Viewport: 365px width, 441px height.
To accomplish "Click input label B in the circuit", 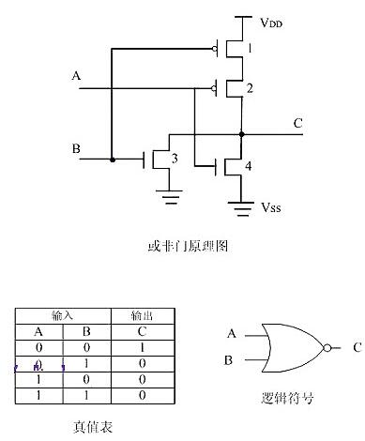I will point(76,148).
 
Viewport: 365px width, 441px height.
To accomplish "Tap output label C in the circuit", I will point(298,121).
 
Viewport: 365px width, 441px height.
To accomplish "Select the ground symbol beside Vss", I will point(241,205).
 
